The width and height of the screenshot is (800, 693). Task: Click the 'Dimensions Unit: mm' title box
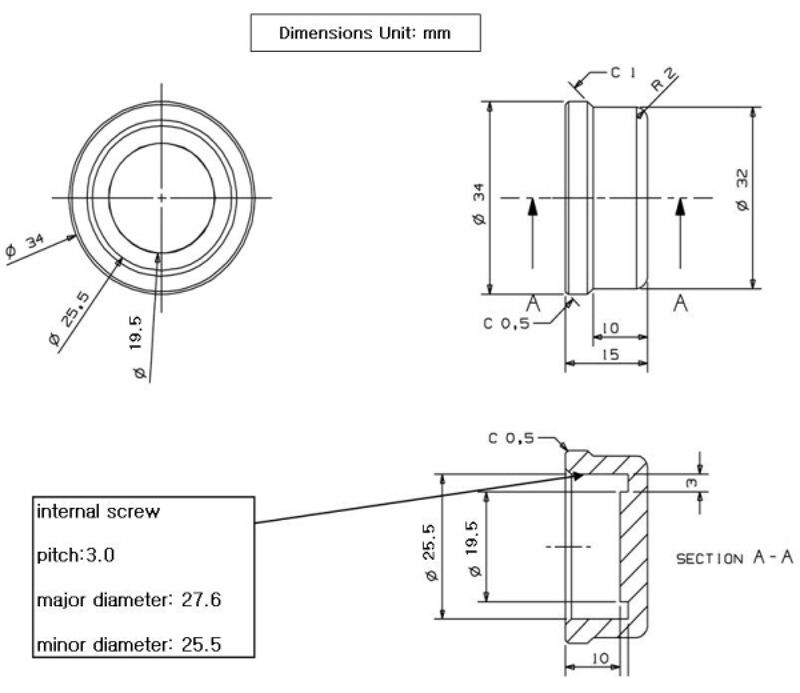coord(364,34)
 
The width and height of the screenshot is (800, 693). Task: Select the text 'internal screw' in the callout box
coord(99,512)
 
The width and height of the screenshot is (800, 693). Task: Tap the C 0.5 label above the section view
coord(512,438)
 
